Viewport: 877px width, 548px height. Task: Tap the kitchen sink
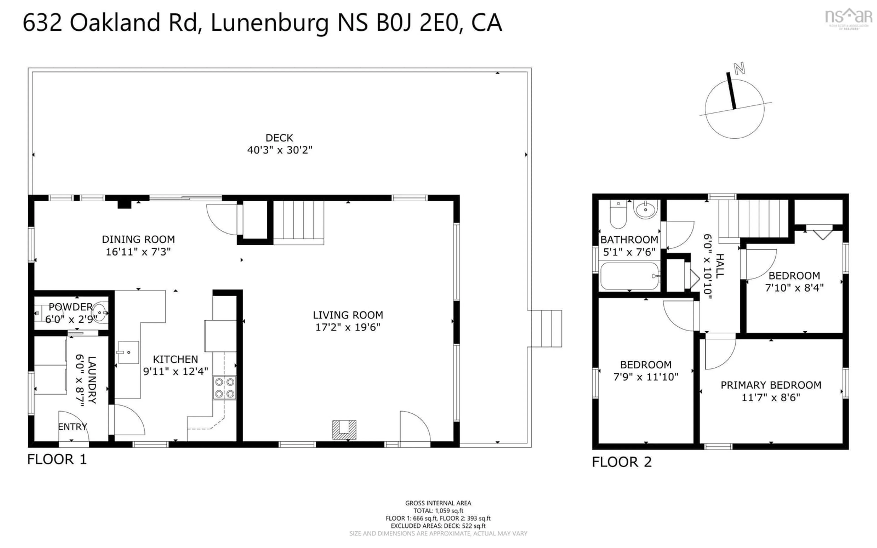pyautogui.click(x=128, y=352)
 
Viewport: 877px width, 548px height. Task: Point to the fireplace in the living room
pyautogui.click(x=344, y=430)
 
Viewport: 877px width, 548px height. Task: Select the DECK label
pyautogui.click(x=279, y=138)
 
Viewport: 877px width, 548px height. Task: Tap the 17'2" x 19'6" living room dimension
pyautogui.click(x=348, y=327)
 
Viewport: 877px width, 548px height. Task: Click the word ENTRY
pyautogui.click(x=72, y=427)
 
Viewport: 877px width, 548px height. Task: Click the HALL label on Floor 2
pyautogui.click(x=720, y=266)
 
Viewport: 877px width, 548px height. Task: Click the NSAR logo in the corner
pyautogui.click(x=848, y=18)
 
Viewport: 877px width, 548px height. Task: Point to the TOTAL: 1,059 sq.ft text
pyautogui.click(x=438, y=511)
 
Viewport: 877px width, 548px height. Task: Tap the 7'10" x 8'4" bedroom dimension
pyautogui.click(x=794, y=288)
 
